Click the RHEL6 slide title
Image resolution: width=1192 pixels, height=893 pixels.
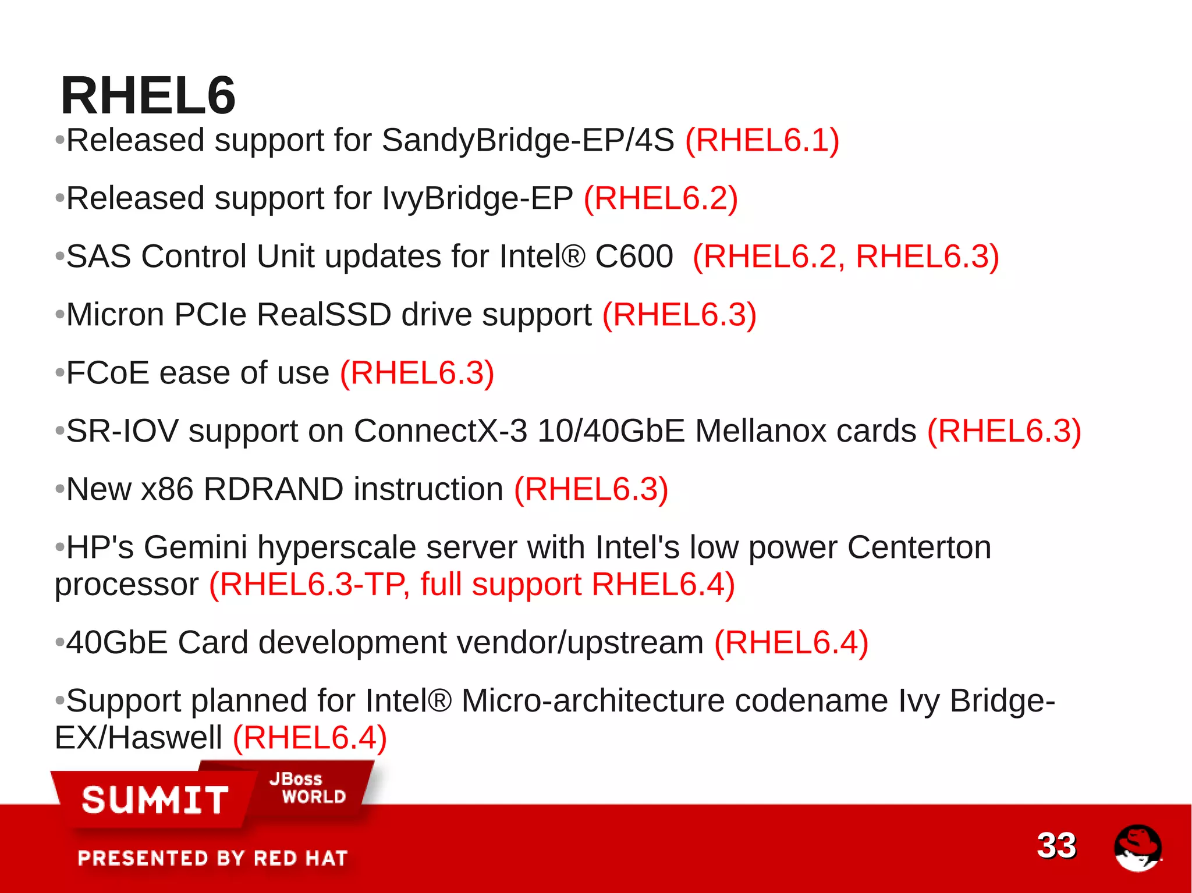click(x=148, y=96)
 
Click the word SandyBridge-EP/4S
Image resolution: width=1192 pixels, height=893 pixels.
click(x=527, y=141)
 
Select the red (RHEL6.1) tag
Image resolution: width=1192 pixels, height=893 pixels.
click(x=762, y=141)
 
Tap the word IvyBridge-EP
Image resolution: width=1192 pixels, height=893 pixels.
click(x=477, y=199)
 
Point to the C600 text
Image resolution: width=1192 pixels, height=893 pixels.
click(x=634, y=257)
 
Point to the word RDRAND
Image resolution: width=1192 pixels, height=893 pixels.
click(x=273, y=489)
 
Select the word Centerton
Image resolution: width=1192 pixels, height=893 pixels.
click(x=919, y=547)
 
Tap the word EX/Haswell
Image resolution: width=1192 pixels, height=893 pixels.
click(x=138, y=738)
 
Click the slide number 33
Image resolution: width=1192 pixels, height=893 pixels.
click(x=1056, y=845)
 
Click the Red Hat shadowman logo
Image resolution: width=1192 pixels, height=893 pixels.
click(x=1137, y=848)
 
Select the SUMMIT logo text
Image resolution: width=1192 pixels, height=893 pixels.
click(x=155, y=800)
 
